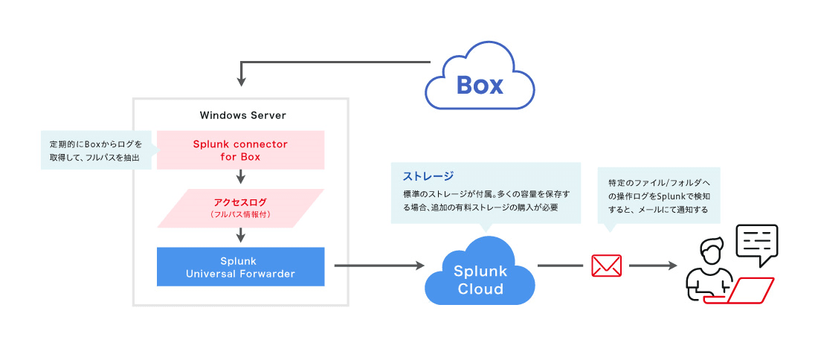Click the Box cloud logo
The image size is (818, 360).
click(479, 83)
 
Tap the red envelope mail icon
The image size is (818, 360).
click(606, 265)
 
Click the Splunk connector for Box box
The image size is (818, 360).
click(240, 150)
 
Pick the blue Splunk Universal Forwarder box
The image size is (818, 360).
click(240, 266)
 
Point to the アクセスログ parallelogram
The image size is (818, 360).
click(240, 208)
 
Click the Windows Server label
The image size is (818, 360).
click(242, 115)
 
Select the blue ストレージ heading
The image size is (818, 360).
click(428, 177)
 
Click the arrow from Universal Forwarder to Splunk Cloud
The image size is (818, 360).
click(378, 265)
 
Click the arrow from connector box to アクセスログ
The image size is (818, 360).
click(240, 177)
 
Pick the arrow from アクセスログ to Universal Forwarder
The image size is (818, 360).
click(240, 236)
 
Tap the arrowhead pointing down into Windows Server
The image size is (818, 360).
click(240, 80)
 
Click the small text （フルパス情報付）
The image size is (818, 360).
click(240, 215)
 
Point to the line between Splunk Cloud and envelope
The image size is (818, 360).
click(559, 265)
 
